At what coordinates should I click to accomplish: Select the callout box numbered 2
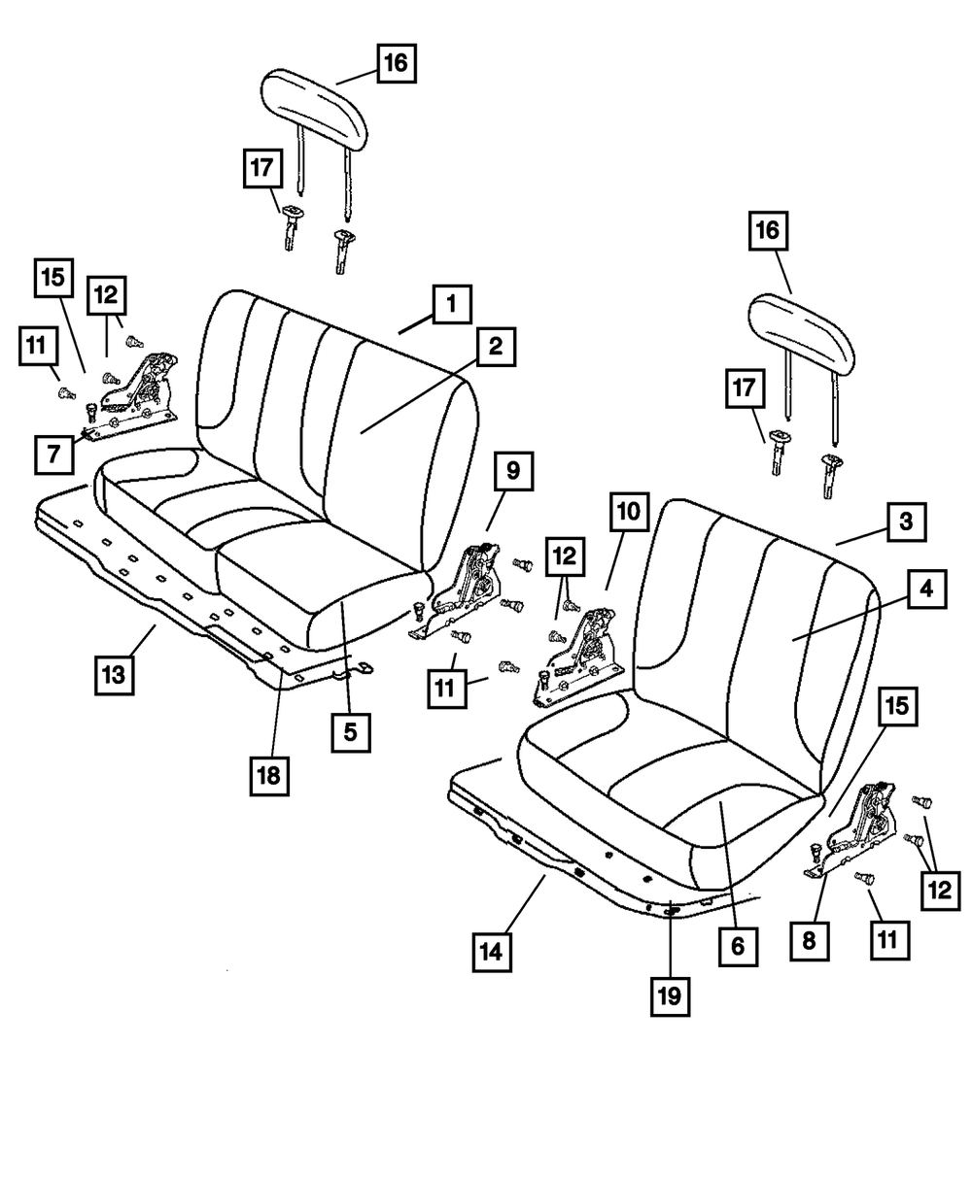[496, 348]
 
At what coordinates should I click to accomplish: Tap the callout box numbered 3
[904, 522]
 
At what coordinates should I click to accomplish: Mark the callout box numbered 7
[52, 454]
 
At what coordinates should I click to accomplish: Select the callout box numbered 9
[511, 473]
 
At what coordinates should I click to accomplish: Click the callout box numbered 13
[115, 674]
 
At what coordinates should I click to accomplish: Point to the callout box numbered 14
[495, 953]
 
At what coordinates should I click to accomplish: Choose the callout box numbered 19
[671, 995]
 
